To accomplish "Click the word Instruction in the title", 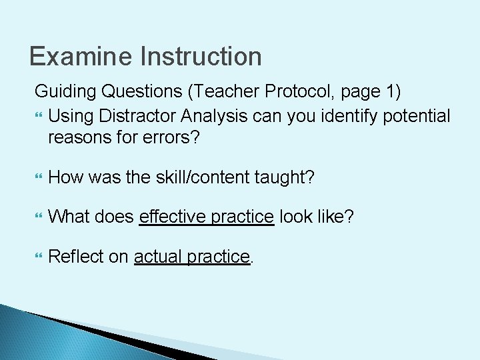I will pos(201,57).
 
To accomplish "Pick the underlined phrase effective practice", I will pos(207,217).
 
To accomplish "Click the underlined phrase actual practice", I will pos(192,256).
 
